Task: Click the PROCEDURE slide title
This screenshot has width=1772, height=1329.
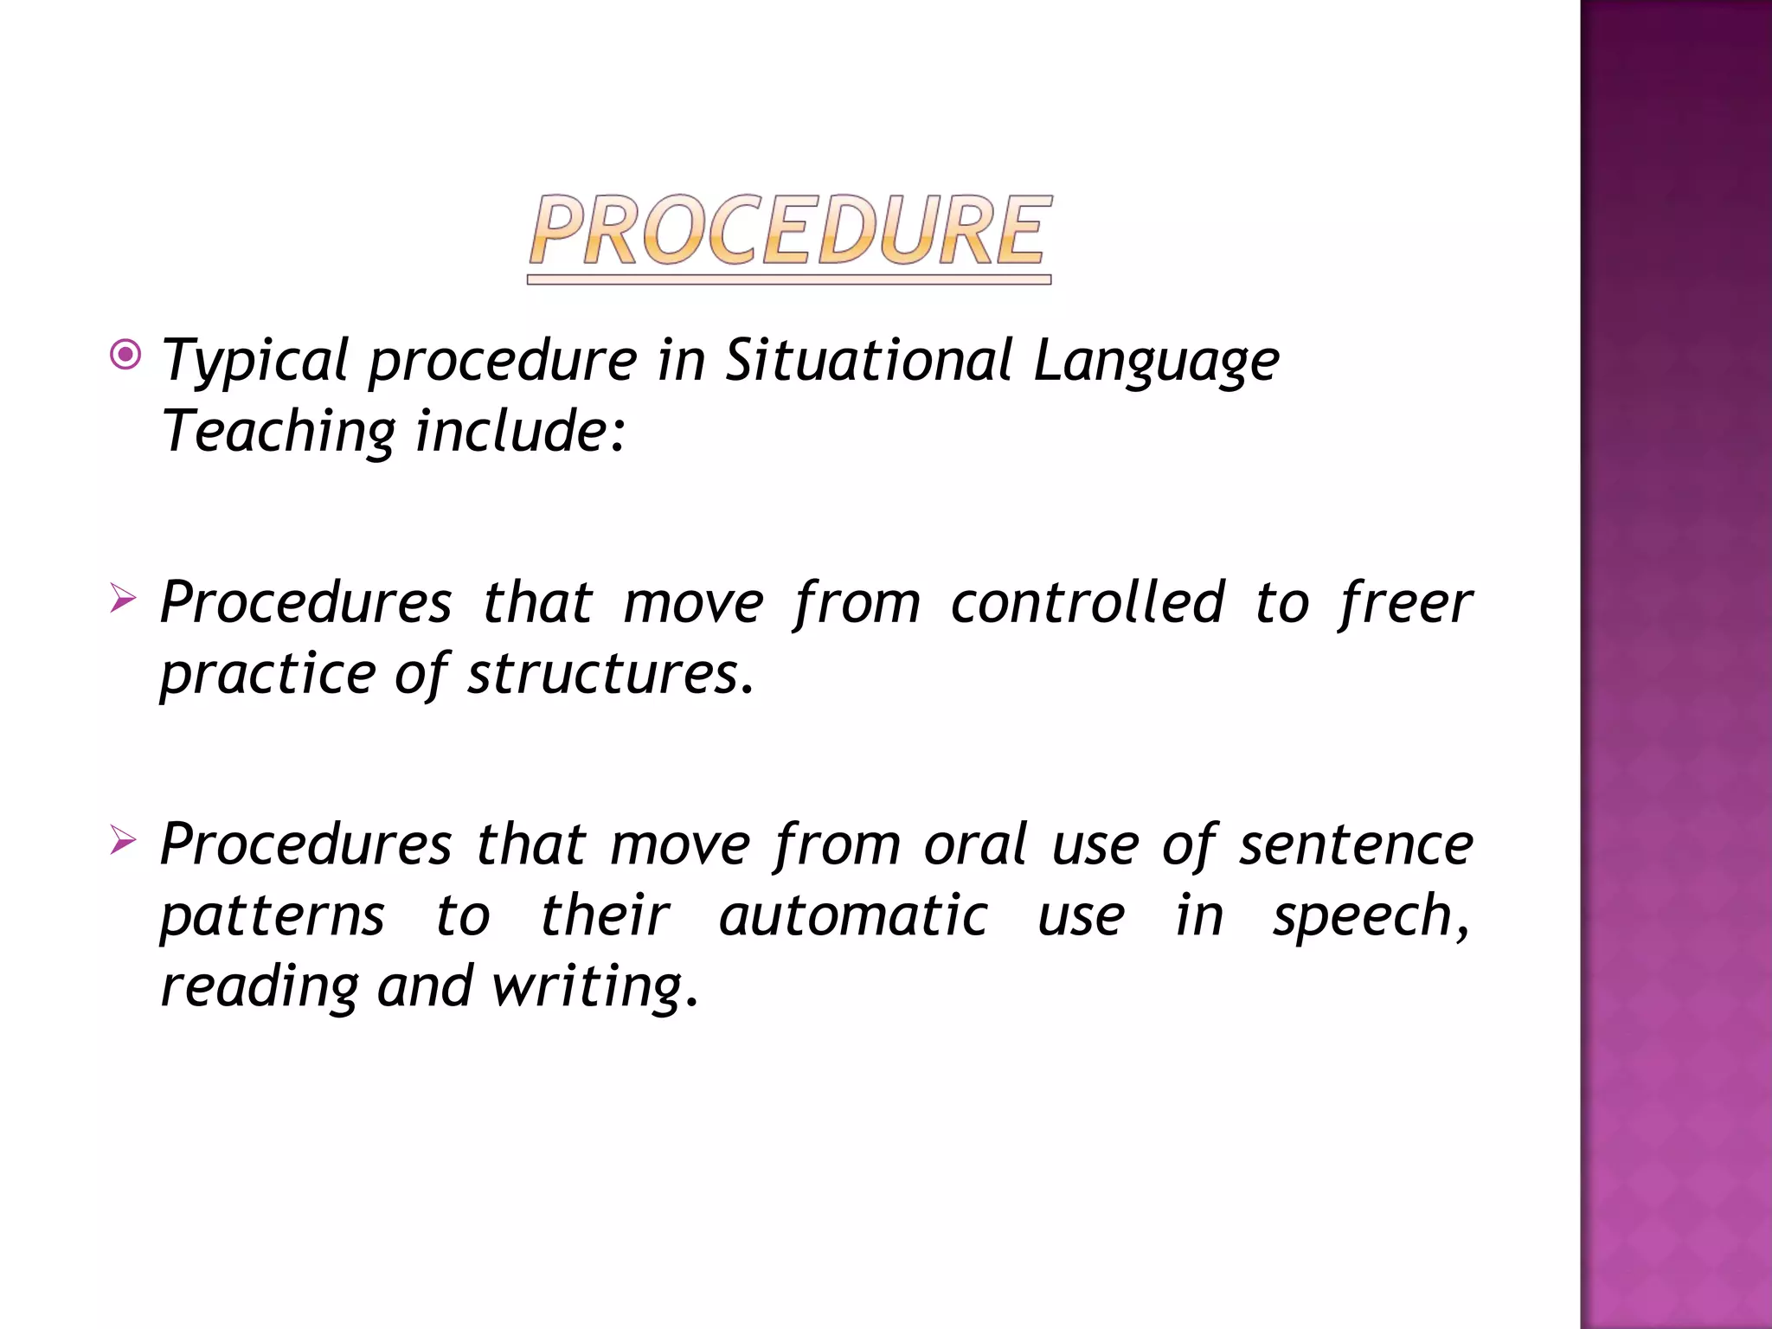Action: click(x=790, y=231)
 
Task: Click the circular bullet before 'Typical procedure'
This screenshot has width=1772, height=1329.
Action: click(x=126, y=355)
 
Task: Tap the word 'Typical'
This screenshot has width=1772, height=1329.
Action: click(x=256, y=362)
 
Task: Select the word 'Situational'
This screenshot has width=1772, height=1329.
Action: click(x=868, y=360)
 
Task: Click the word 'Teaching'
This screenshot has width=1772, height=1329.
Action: click(x=279, y=433)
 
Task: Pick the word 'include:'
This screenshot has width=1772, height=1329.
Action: click(x=520, y=431)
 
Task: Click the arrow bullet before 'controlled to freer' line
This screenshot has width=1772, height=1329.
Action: click(x=123, y=598)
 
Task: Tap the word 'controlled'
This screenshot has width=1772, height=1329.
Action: click(x=1088, y=602)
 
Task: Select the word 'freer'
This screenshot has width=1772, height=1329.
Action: click(x=1405, y=602)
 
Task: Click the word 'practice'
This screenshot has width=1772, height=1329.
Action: click(x=268, y=675)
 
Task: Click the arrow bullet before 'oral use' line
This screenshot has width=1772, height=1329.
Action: click(x=123, y=839)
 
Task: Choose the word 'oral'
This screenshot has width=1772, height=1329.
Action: click(x=976, y=844)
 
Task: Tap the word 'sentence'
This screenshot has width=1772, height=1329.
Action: click(x=1356, y=845)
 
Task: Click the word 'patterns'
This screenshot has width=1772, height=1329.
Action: click(x=273, y=917)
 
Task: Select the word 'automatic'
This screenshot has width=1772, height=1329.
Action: click(x=853, y=915)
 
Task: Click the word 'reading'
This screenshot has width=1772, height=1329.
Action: click(x=260, y=987)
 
